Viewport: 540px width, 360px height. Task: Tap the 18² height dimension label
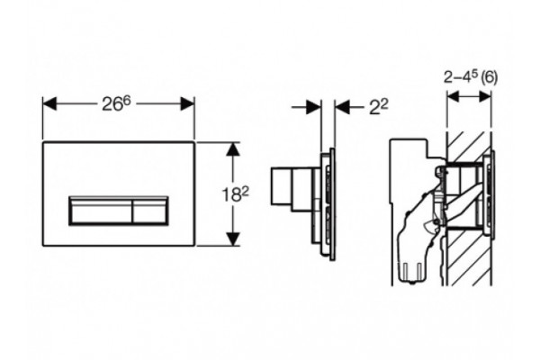click(x=235, y=195)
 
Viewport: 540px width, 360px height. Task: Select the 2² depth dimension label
click(x=379, y=107)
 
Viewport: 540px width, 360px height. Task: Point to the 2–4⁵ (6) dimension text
click(x=471, y=77)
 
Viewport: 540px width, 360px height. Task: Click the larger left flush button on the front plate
click(x=101, y=211)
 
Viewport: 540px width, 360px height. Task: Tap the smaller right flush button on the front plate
click(x=150, y=211)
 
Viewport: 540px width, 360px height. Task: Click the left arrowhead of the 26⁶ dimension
click(x=49, y=103)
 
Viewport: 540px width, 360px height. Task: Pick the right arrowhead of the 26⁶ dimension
click(x=188, y=103)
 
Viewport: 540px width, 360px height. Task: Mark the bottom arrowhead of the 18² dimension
click(x=233, y=239)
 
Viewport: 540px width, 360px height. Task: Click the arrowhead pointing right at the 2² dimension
click(x=314, y=107)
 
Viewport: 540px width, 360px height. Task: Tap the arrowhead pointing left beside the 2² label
click(x=342, y=107)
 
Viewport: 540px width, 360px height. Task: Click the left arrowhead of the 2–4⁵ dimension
click(x=453, y=97)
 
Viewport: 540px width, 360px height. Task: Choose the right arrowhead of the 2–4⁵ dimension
click(x=485, y=97)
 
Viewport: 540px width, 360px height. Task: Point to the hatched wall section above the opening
click(x=469, y=146)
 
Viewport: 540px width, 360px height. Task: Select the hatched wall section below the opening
click(x=469, y=257)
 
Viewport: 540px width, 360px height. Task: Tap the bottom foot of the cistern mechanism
click(x=411, y=272)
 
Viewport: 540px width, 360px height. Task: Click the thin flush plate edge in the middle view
click(x=332, y=204)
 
